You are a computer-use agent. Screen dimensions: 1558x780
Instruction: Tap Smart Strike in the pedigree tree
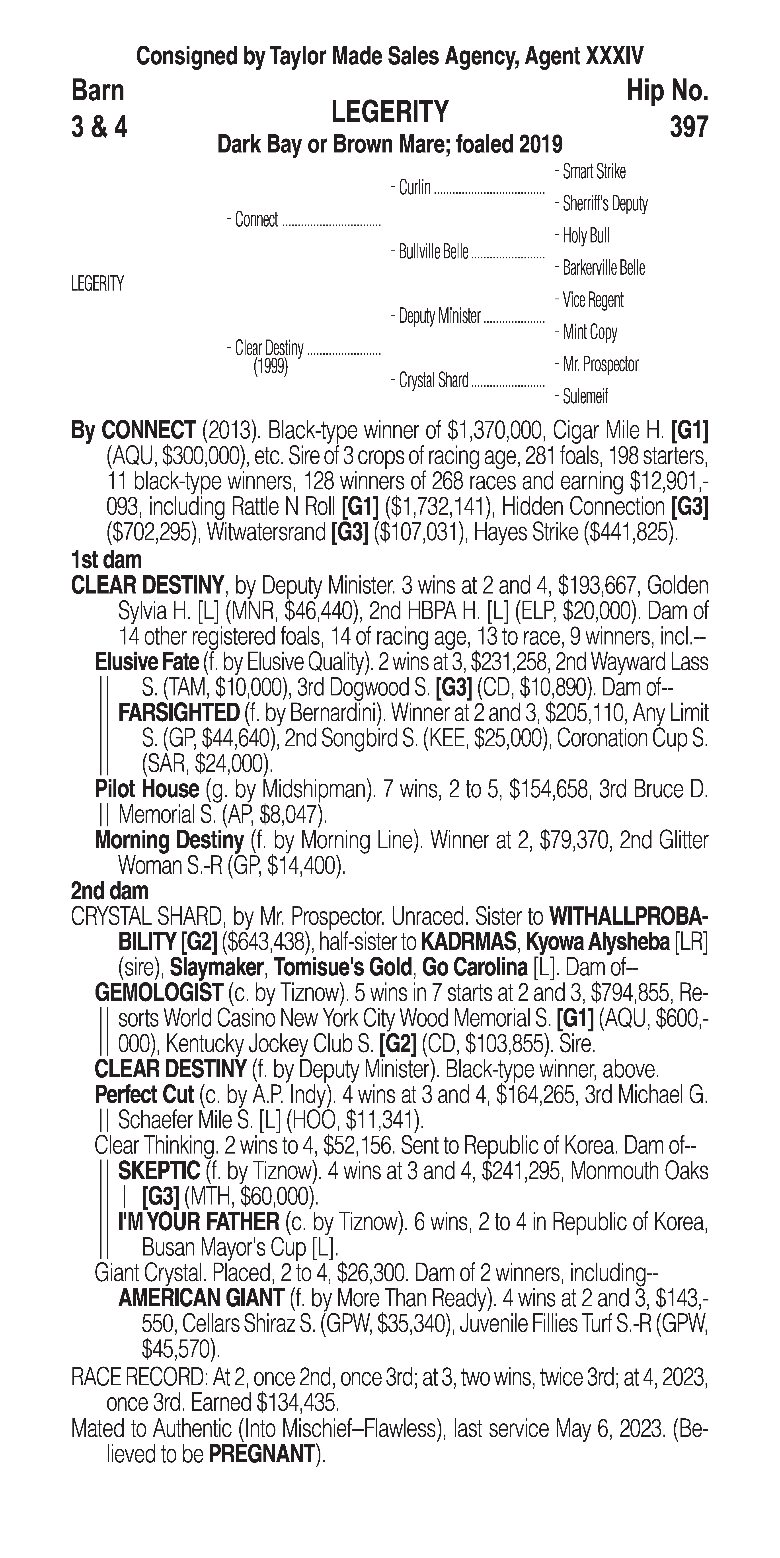click(x=594, y=172)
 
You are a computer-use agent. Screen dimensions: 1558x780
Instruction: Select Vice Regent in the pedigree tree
click(x=593, y=300)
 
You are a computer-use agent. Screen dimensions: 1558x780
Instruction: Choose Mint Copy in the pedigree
click(x=589, y=332)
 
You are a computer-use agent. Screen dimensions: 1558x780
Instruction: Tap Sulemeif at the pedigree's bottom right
click(x=585, y=397)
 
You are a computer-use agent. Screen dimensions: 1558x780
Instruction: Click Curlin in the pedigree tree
click(x=415, y=187)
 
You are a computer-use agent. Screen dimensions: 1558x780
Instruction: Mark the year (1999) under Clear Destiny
click(x=270, y=367)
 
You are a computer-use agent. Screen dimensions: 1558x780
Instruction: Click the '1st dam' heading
click(x=106, y=560)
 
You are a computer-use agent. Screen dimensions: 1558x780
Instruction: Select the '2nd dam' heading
click(x=109, y=891)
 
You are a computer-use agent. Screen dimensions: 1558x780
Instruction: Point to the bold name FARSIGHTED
click(x=179, y=713)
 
